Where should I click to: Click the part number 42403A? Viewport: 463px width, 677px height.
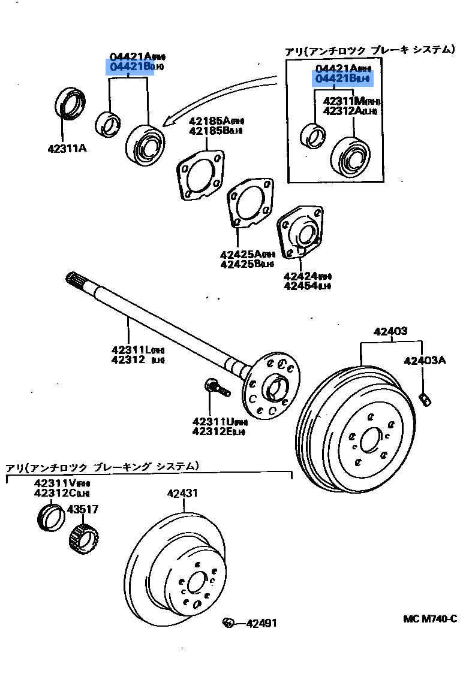point(425,361)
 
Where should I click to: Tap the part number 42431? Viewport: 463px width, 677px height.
point(182,494)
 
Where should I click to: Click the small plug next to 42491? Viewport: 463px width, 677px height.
point(228,623)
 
